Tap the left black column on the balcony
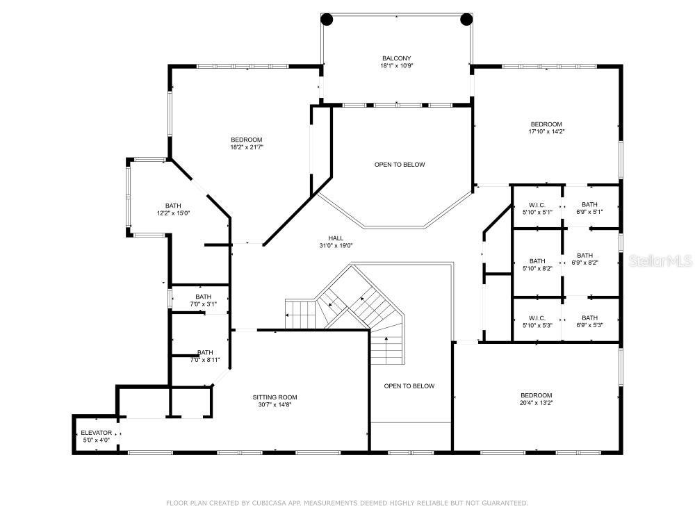pos(327,19)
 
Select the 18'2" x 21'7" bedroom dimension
pos(247,147)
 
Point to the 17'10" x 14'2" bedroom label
pos(546,128)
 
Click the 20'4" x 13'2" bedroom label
pos(536,399)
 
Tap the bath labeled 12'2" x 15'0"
pos(173,210)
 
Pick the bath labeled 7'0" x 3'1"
pos(203,300)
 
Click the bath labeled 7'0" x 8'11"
pos(205,356)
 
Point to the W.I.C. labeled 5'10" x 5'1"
pos(537,208)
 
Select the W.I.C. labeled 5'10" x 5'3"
pos(537,322)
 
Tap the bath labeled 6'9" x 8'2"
pos(584,258)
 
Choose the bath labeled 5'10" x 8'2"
pos(537,265)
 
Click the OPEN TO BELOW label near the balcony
pos(400,165)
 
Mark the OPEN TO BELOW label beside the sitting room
pos(409,386)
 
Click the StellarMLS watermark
pos(658,261)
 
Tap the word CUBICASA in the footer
pos(260,502)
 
